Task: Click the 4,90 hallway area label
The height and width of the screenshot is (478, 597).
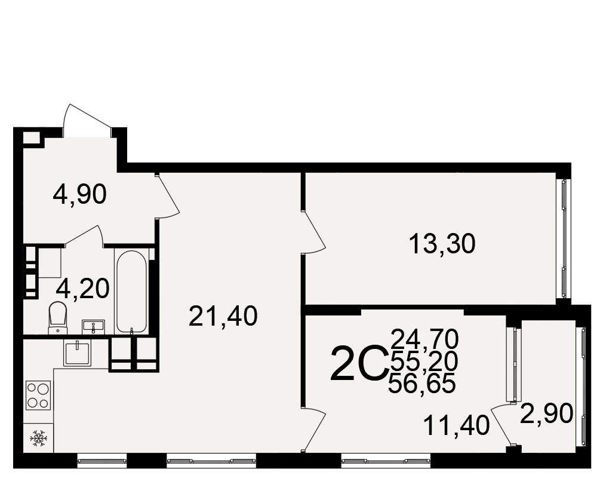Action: [80, 195]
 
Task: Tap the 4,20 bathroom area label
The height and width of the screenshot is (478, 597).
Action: [82, 289]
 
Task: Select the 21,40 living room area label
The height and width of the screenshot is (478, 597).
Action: [223, 316]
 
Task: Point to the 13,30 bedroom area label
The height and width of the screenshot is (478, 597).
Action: [442, 244]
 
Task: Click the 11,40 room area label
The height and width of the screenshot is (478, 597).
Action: [456, 425]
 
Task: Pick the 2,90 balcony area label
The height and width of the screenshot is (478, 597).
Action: [546, 414]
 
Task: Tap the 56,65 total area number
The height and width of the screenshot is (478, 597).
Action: [422, 384]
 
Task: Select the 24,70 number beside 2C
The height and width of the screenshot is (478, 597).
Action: [424, 339]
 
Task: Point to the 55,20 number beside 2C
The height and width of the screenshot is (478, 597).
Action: [424, 361]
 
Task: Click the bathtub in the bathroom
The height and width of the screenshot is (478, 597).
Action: [131, 292]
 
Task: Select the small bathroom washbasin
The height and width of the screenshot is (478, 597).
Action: [93, 327]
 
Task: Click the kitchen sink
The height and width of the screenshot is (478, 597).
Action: [78, 353]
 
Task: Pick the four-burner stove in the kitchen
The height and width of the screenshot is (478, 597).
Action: [38, 396]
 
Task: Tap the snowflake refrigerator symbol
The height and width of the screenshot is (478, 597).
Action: [38, 439]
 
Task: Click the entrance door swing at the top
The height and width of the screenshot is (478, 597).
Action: [87, 119]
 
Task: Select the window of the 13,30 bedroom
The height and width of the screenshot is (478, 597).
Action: [564, 238]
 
